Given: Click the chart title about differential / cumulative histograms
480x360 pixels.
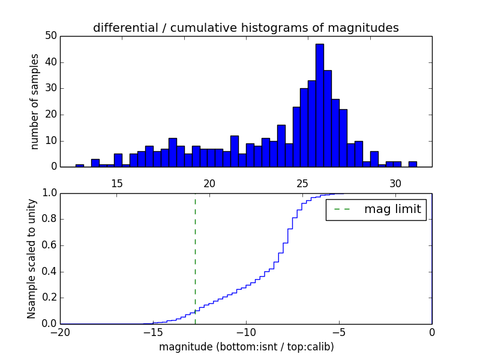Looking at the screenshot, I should (x=246, y=28).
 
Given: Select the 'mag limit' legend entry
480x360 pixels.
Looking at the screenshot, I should (x=376, y=209).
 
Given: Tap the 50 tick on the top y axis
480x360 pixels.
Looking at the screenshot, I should (x=51, y=36).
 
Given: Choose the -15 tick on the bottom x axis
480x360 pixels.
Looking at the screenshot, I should (x=153, y=331).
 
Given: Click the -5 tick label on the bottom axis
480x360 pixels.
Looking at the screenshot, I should (x=339, y=331).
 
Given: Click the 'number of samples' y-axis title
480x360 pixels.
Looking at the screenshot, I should (x=35, y=101).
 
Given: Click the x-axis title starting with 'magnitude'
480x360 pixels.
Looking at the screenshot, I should (x=246, y=347).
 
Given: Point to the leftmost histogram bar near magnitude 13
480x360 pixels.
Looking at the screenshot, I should (x=80, y=166).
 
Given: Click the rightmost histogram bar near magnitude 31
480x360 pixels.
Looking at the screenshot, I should (x=413, y=164).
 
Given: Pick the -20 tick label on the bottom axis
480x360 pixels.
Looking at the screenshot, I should (x=60, y=331).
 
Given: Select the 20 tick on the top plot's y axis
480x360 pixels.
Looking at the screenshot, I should (x=51, y=115).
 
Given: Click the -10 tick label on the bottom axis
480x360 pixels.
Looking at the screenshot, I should (x=246, y=331).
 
